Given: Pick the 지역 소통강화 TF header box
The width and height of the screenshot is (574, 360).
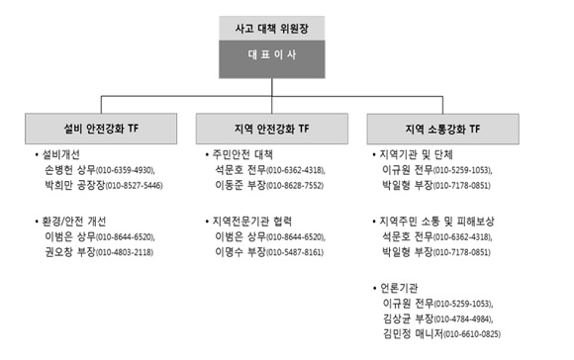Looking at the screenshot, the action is (x=442, y=129).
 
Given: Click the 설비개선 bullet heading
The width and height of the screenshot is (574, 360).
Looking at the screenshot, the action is (x=66, y=155).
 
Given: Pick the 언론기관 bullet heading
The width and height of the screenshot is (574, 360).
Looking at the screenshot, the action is (x=400, y=287).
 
